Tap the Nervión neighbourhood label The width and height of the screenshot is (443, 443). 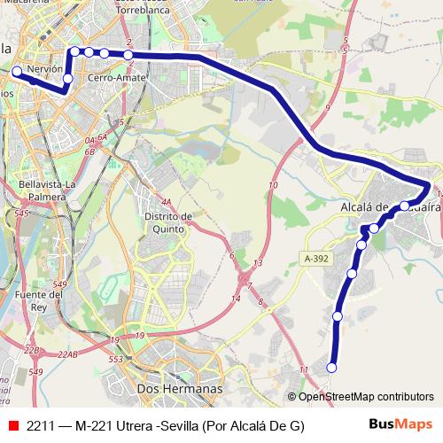[45, 67]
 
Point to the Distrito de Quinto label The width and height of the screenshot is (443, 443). [169, 222]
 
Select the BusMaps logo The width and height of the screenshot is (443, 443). [400, 425]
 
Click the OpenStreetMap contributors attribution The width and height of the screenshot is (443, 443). [365, 397]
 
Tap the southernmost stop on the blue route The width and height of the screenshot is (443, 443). [332, 368]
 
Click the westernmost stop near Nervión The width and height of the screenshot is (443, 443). [16, 71]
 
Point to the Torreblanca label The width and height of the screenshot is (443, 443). [142, 17]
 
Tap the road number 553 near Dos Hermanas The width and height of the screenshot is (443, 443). [116, 360]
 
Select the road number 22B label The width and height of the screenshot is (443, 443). [32, 351]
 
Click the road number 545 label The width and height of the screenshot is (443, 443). [22, 214]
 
